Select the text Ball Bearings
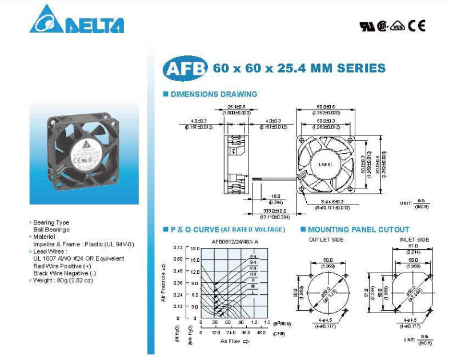point(51,230)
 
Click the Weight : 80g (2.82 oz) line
point(63,280)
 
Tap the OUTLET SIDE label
point(326,240)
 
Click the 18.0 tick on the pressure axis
point(194,249)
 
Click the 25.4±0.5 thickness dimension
point(236,107)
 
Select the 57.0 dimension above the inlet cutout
point(411,246)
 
